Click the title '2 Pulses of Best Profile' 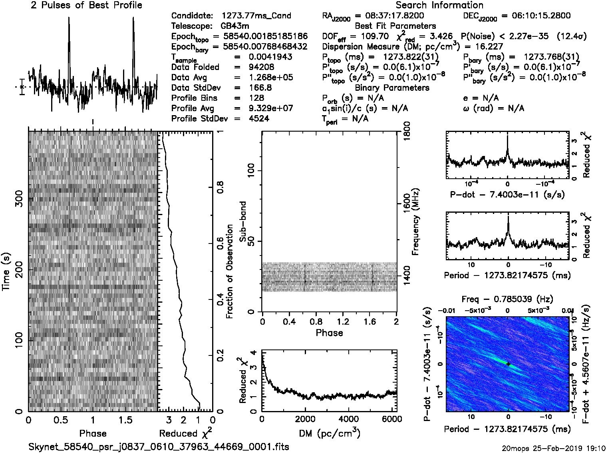click(x=86, y=6)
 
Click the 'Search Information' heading click(x=439, y=6)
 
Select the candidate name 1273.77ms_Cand click(x=256, y=16)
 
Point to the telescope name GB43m click(x=235, y=26)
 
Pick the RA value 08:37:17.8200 click(x=393, y=16)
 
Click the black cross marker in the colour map click(x=508, y=364)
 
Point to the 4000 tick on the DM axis click(x=348, y=419)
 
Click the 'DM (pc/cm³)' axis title click(x=330, y=433)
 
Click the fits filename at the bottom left click(x=159, y=447)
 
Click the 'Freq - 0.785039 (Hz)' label click(x=507, y=299)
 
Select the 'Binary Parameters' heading click(x=392, y=88)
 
